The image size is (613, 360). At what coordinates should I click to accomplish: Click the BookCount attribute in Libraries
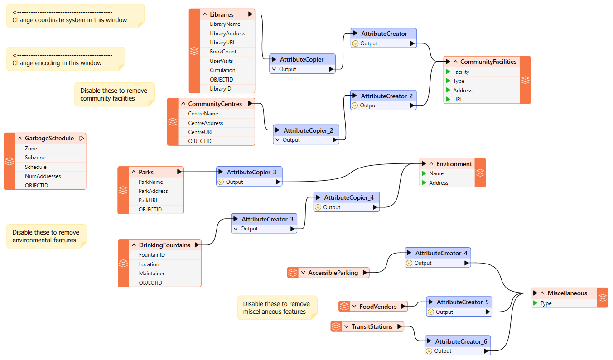(223, 52)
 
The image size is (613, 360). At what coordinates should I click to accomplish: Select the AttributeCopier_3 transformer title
(251, 172)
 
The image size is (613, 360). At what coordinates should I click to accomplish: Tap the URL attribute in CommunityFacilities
(458, 99)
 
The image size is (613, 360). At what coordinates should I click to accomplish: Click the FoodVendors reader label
(378, 307)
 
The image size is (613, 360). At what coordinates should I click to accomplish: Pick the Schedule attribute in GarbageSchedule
(36, 167)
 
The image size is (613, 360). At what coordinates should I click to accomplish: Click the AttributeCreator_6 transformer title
(461, 341)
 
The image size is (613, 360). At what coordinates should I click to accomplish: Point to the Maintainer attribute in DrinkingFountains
(152, 273)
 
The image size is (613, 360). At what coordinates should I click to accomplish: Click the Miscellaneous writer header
(567, 293)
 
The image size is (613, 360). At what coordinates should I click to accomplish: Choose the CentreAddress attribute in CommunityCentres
(206, 123)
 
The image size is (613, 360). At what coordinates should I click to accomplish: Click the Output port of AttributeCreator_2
(368, 106)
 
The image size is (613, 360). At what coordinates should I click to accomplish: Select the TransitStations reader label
(372, 326)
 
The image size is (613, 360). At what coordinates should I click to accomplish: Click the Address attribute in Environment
(439, 183)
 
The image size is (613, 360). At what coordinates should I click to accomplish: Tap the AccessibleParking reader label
(333, 273)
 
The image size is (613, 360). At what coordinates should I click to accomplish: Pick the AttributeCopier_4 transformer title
(349, 197)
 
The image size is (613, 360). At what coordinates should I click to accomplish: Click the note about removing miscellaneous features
(277, 307)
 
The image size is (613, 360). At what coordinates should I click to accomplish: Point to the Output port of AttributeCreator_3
(249, 229)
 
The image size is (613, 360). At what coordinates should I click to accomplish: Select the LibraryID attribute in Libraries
(220, 89)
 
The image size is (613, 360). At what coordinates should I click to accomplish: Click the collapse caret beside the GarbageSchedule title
(20, 138)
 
